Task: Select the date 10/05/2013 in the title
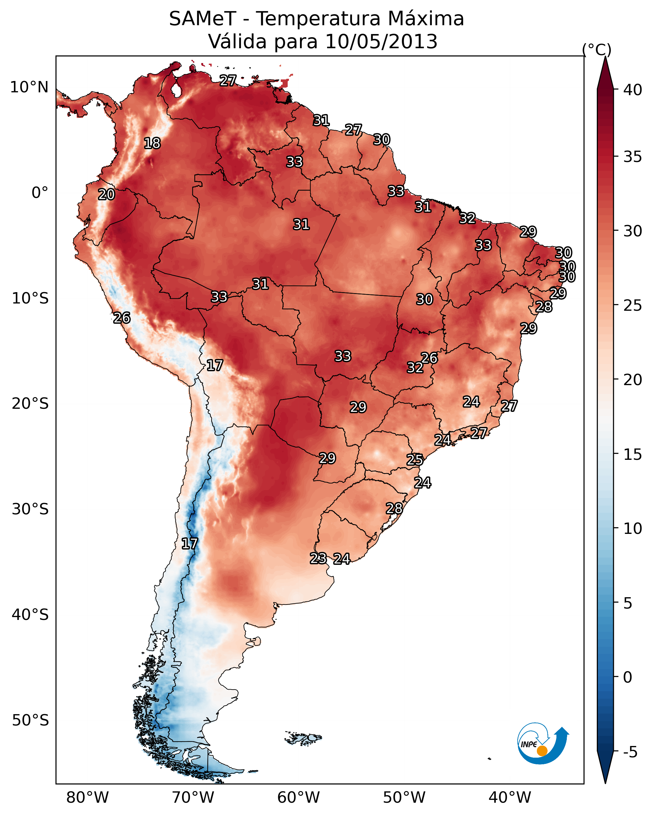381,42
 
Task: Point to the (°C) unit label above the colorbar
596,49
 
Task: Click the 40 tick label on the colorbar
633,90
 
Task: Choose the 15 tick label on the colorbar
633,455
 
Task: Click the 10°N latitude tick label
29,87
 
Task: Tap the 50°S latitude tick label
30,720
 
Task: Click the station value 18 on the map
152,143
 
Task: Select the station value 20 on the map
106,195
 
